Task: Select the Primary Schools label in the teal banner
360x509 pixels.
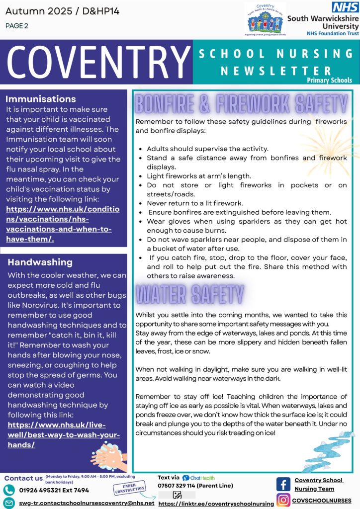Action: pos(329,80)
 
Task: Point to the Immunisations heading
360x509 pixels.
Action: pos(41,99)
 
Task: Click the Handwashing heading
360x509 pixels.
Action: pos(40,262)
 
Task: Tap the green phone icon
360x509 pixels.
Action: pos(9,490)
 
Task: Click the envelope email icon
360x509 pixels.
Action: pos(9,503)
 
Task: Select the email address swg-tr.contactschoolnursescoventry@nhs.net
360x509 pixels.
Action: pos(87,503)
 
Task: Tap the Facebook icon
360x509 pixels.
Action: pos(283,484)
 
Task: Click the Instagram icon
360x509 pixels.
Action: pos(283,500)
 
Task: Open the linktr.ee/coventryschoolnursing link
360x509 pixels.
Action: pos(216,504)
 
